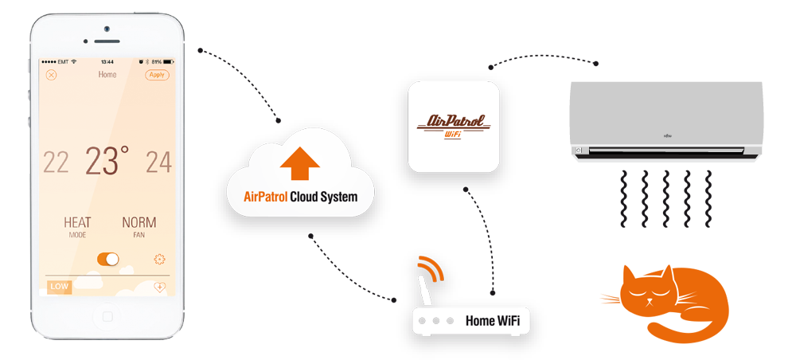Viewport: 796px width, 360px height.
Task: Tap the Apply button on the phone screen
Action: tap(157, 75)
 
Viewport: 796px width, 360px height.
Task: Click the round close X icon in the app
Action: tap(52, 75)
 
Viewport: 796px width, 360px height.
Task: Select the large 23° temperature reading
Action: tap(107, 161)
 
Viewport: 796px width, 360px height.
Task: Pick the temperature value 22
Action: tap(56, 162)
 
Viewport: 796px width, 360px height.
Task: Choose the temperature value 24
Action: tap(158, 162)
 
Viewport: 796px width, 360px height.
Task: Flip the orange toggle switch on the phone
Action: tap(107, 259)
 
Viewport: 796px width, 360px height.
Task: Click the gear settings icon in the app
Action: tap(160, 259)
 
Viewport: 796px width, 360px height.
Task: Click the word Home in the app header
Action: tap(107, 75)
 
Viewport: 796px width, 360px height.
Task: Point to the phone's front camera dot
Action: tap(106, 29)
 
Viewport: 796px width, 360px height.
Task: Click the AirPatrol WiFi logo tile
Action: tap(454, 127)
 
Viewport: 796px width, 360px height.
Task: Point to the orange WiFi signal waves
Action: tap(431, 272)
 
